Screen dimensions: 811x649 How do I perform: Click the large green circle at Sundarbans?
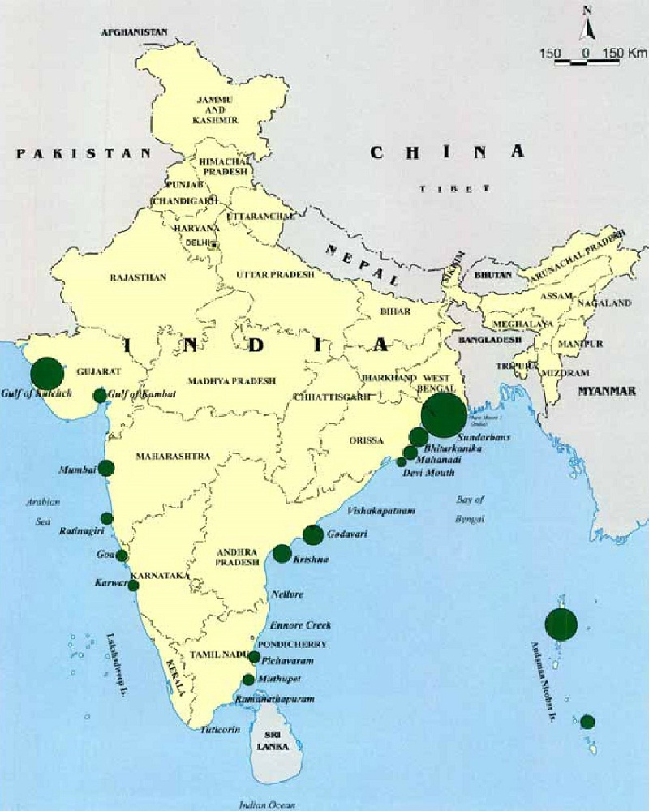pos(444,414)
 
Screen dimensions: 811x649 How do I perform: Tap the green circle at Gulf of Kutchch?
pos(47,373)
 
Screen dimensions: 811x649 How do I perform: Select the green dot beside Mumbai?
pos(106,468)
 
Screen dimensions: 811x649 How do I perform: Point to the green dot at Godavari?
pos(313,535)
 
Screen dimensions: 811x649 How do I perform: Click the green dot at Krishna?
pos(282,554)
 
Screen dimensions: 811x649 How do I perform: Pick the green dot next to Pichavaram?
pos(254,658)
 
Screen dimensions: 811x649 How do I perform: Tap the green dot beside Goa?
pos(122,556)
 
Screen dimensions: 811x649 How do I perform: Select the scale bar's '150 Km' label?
pos(625,54)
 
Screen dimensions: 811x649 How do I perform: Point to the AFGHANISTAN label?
pos(134,32)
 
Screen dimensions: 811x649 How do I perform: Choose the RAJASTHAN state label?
pos(138,277)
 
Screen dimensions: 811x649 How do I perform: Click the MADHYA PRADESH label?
pos(231,380)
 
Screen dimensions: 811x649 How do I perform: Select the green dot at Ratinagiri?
pos(106,518)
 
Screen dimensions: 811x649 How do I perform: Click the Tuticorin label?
pos(220,730)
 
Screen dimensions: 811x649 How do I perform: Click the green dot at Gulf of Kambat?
pos(100,396)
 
